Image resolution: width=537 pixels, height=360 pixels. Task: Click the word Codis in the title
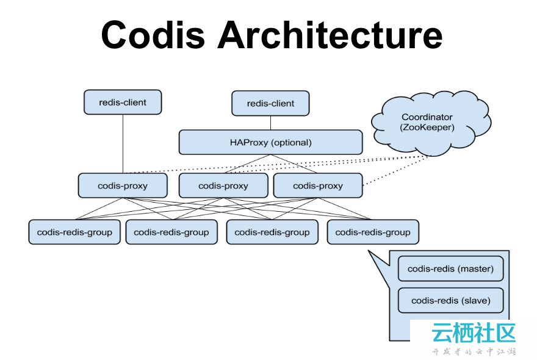click(x=153, y=35)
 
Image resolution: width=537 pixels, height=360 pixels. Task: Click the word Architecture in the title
click(x=330, y=35)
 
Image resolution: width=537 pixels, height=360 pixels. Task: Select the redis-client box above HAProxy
click(x=270, y=103)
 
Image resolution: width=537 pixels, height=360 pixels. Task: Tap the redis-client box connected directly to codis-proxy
click(x=123, y=102)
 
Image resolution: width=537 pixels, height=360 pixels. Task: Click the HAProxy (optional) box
click(x=270, y=142)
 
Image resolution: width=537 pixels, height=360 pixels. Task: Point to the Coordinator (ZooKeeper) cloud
click(x=431, y=123)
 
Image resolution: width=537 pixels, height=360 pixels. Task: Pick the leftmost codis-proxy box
click(x=123, y=185)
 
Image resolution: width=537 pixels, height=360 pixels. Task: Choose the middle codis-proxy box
click(x=223, y=185)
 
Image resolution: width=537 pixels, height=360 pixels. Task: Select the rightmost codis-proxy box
click(x=318, y=185)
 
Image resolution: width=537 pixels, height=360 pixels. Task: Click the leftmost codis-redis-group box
click(x=74, y=232)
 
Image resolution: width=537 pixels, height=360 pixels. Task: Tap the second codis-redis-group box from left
click(x=171, y=232)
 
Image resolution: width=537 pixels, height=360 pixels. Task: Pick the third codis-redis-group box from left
click(x=272, y=232)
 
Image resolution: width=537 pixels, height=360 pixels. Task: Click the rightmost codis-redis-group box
click(x=373, y=232)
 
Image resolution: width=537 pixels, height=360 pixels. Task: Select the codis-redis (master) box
click(x=451, y=268)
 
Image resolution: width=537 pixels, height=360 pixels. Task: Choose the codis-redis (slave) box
click(x=451, y=300)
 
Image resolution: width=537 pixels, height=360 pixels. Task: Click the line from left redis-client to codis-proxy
click(x=123, y=144)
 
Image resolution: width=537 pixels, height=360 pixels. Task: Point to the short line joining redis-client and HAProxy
click(x=270, y=123)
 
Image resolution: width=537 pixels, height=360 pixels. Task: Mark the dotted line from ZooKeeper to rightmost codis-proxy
click(x=396, y=171)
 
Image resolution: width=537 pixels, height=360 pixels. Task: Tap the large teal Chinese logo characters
click(x=474, y=333)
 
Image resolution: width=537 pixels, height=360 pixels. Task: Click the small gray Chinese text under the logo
click(x=474, y=352)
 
